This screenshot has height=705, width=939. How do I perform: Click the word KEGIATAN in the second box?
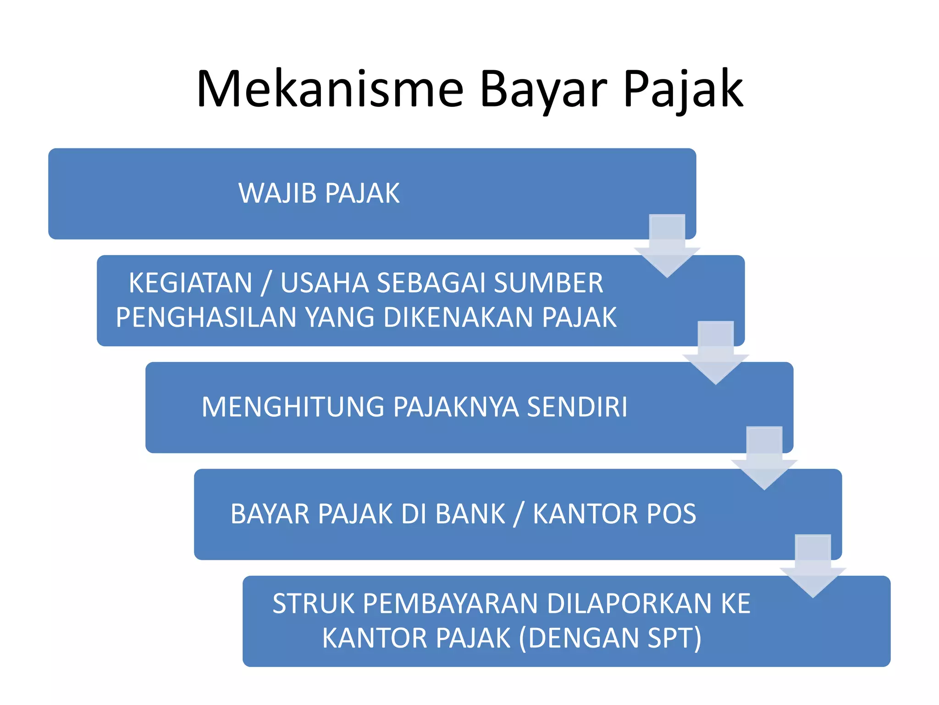click(191, 283)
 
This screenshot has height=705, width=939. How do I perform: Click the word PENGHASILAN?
click(206, 318)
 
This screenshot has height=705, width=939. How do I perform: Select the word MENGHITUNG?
click(293, 407)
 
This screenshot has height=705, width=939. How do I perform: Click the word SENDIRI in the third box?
click(577, 407)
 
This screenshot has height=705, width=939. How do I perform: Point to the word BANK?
click(470, 514)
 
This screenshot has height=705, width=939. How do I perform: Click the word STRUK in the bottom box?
click(314, 604)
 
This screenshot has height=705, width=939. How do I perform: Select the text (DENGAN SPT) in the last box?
click(610, 638)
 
